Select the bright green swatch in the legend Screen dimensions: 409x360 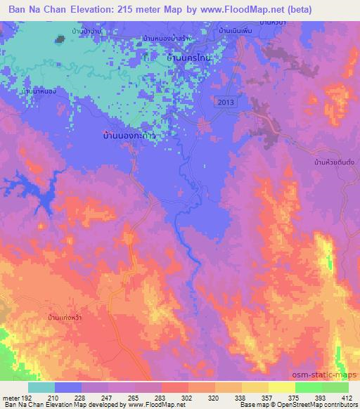[x=308, y=387]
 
